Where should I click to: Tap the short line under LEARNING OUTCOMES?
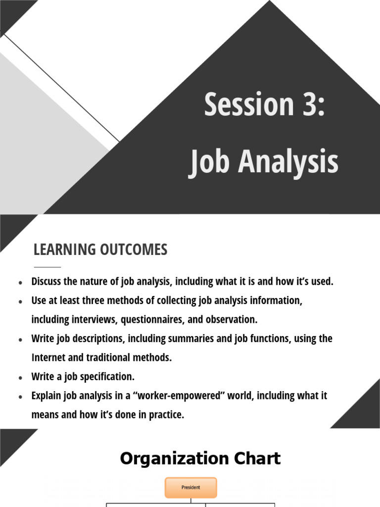click(x=47, y=267)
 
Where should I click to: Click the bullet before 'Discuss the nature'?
click(x=20, y=283)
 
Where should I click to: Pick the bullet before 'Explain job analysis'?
click(x=20, y=397)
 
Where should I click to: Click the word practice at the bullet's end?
click(x=165, y=415)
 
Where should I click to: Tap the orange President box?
click(x=190, y=487)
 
